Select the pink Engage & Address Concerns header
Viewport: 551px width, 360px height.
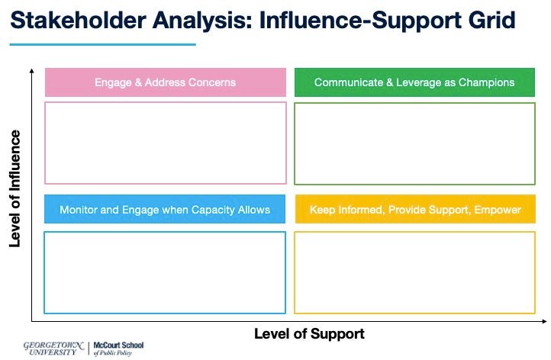tap(165, 82)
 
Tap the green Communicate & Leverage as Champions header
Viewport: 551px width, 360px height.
tap(414, 82)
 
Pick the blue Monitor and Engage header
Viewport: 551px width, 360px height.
tap(165, 210)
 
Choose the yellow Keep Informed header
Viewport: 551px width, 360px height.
tap(414, 210)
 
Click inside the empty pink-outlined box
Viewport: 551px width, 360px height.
tap(165, 143)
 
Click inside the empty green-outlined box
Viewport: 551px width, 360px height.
tap(414, 143)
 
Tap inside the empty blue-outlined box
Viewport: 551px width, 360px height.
tap(165, 272)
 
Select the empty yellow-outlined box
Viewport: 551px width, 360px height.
tap(414, 272)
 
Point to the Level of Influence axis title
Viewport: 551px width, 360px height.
tap(14, 188)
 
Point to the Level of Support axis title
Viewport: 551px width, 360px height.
tap(309, 334)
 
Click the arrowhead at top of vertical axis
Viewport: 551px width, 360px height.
tap(31, 71)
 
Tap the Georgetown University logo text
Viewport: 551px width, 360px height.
tap(54, 348)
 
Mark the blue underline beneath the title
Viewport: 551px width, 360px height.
tap(104, 44)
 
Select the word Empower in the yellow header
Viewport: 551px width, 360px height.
tap(499, 210)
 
